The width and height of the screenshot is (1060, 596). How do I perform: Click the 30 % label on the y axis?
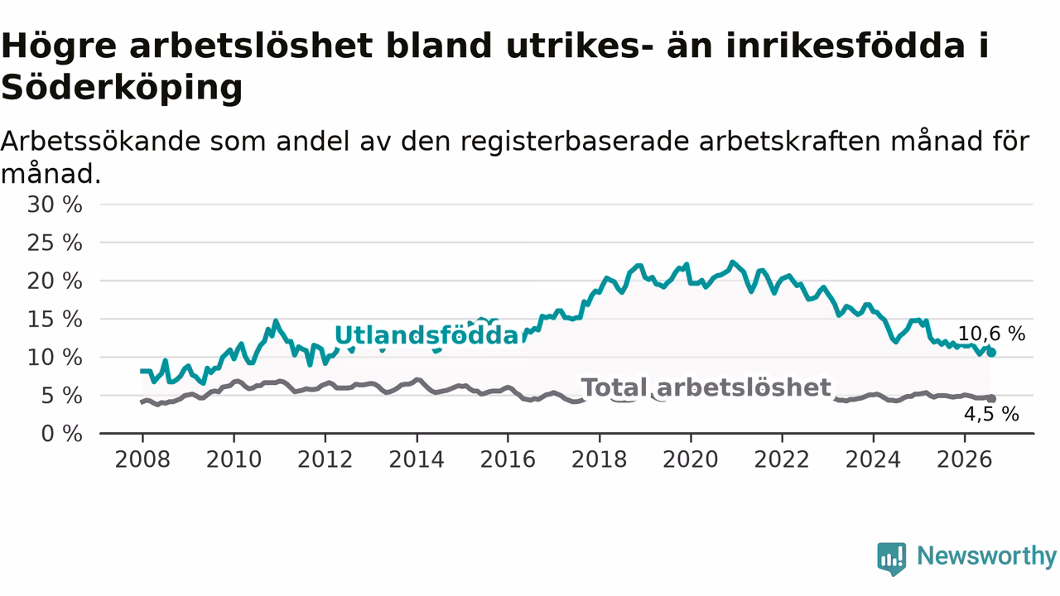pos(55,204)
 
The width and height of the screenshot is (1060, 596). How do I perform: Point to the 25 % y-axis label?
pos(55,243)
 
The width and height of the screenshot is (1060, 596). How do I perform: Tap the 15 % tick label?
pos(55,320)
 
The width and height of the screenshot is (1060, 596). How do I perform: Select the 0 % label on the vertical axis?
pos(62,434)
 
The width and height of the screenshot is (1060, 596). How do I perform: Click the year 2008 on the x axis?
pos(142,459)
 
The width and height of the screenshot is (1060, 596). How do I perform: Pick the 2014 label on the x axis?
pos(417,459)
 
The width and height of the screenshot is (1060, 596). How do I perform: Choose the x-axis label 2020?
pos(691,459)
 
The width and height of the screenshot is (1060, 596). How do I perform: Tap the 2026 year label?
pos(965,459)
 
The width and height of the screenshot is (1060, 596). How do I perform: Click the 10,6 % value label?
pos(992,334)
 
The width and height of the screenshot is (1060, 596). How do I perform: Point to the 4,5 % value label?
pos(992,415)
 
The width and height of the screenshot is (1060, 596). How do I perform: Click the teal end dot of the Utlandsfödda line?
pos(991,353)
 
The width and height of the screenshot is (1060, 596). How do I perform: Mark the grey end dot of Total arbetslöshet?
pos(991,399)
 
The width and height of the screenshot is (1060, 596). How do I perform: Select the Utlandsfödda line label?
pos(429,335)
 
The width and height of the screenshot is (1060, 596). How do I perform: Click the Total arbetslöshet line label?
pos(706,387)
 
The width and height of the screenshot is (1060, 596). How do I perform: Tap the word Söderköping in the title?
pos(122,88)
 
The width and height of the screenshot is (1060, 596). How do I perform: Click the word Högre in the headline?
pos(59,46)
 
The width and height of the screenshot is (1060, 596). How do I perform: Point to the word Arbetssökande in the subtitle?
pos(100,142)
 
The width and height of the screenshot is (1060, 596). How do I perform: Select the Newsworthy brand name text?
pos(987,556)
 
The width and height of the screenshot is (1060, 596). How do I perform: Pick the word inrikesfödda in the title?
pos(846,46)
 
